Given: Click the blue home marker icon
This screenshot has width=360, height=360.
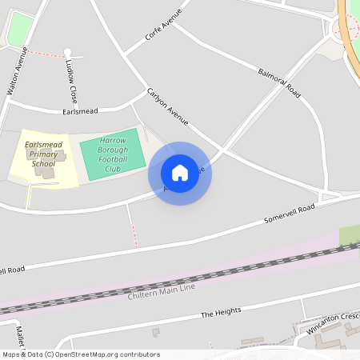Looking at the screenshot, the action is tap(180, 173).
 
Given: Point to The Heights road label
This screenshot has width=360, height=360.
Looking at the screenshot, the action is tap(220, 313).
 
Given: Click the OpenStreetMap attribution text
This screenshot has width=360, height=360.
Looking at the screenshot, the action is tap(80, 354).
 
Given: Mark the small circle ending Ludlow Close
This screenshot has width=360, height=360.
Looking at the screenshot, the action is tap(67, 53).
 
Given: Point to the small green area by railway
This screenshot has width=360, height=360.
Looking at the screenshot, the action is tap(349, 236).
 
